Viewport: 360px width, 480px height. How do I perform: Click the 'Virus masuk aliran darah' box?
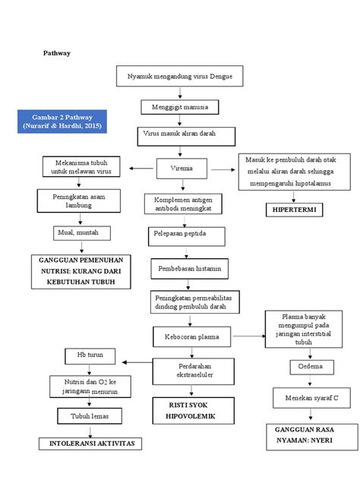(179, 134)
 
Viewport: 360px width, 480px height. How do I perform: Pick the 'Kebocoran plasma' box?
(189, 335)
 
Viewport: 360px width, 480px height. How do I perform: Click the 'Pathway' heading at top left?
(56, 53)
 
